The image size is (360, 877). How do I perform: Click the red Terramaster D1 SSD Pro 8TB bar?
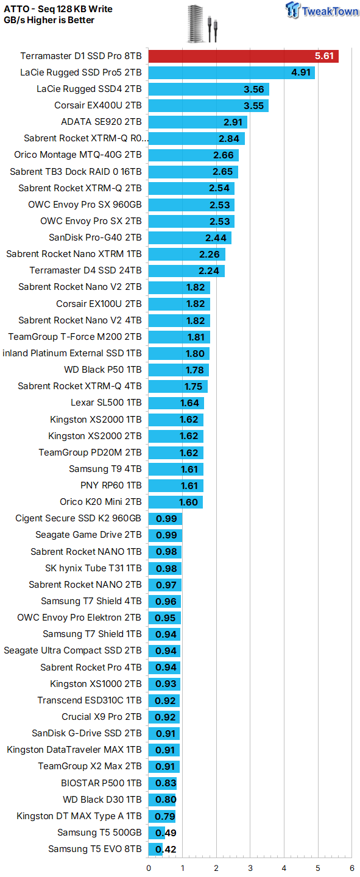click(x=243, y=56)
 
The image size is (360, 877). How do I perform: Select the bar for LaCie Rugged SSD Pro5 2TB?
click(x=231, y=72)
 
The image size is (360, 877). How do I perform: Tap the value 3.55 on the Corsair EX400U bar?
click(x=254, y=106)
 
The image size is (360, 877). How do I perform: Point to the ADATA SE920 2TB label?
click(x=101, y=122)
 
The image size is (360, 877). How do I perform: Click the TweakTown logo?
click(x=322, y=10)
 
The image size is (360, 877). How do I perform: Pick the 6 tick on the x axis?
click(x=351, y=868)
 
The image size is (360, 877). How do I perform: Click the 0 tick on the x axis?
click(x=149, y=868)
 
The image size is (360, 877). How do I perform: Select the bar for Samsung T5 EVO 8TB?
click(x=155, y=849)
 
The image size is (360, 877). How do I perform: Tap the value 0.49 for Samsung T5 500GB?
click(x=166, y=833)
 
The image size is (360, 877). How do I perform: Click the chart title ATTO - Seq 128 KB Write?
click(x=58, y=9)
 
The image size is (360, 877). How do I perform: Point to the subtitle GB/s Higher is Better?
click(x=49, y=20)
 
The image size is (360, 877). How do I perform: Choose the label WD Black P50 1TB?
click(x=102, y=370)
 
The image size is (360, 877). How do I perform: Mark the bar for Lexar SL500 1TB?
click(x=176, y=403)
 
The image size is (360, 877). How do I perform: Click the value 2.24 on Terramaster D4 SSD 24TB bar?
click(x=209, y=271)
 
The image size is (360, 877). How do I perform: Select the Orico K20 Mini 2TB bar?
click(x=175, y=502)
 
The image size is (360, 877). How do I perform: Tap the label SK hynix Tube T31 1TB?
click(x=93, y=568)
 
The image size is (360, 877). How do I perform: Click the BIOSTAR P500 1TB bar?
click(x=163, y=783)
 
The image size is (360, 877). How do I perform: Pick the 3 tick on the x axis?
click(x=250, y=868)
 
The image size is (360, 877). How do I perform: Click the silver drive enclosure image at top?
click(x=196, y=24)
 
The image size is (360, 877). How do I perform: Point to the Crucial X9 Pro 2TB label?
click(x=102, y=716)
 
